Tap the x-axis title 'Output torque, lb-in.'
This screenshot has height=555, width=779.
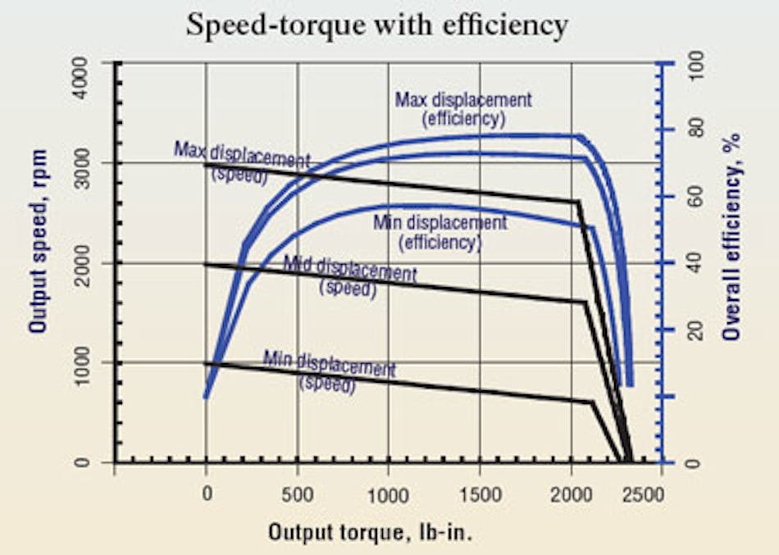(x=371, y=532)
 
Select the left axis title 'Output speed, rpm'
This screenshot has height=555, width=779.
(x=38, y=241)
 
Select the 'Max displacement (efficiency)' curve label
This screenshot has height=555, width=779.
(x=463, y=109)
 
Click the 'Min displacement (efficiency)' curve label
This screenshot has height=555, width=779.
(x=440, y=232)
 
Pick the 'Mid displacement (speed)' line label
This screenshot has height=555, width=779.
(x=349, y=275)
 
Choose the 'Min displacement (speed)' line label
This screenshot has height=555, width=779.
(x=329, y=371)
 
